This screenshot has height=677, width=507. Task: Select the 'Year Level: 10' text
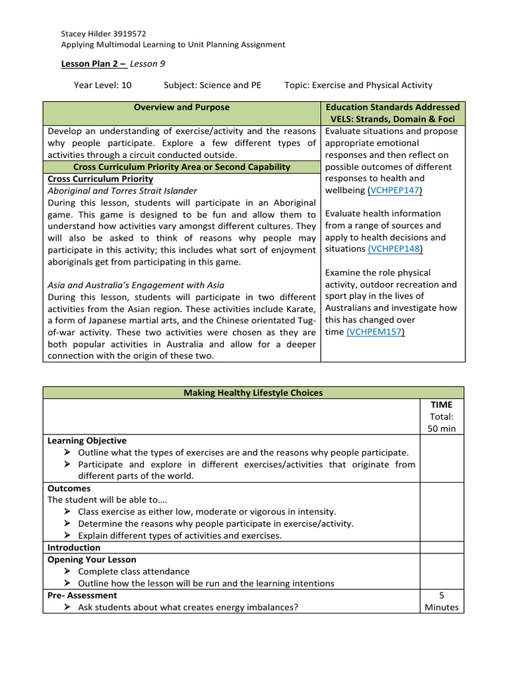[x=102, y=85]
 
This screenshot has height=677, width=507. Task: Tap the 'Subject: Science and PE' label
[x=212, y=85]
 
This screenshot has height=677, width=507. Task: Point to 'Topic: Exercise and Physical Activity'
[x=358, y=85]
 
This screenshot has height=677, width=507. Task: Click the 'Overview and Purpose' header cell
[x=182, y=107]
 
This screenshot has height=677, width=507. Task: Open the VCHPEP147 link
[x=395, y=190]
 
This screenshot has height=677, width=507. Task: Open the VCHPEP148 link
[x=395, y=249]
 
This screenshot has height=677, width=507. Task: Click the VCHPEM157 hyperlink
[x=375, y=332]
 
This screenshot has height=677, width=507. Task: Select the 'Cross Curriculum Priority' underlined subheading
[x=100, y=179]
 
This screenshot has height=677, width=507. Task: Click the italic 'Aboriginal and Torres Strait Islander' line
[x=122, y=191]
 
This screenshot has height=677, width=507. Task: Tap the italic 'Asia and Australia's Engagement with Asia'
[x=136, y=285]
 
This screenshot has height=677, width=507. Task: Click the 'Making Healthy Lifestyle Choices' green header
[x=253, y=393]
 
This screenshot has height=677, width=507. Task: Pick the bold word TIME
[x=442, y=405]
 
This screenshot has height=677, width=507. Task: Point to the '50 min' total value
[x=442, y=428]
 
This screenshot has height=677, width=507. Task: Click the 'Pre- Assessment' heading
[x=83, y=595]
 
